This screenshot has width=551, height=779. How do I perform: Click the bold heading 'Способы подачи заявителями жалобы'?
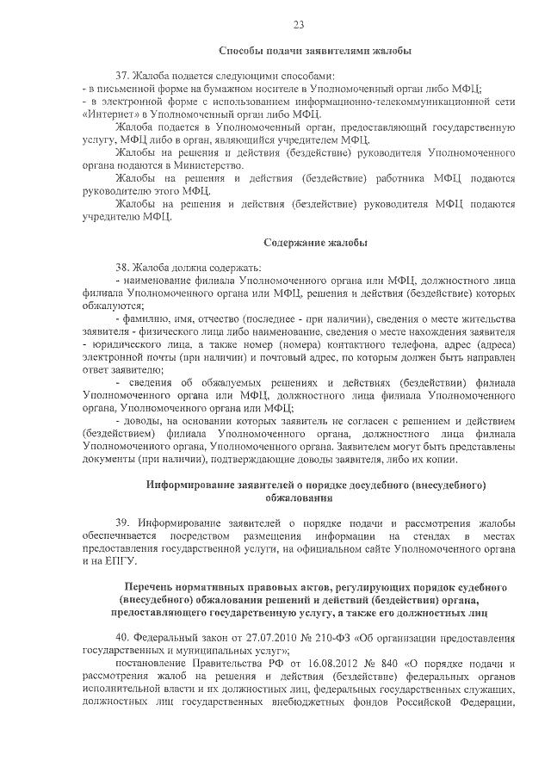(314, 52)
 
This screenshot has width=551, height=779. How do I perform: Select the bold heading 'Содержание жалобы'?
(314, 242)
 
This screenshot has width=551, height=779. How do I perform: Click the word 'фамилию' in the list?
(149, 318)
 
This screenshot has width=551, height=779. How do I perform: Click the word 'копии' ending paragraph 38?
(456, 461)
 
